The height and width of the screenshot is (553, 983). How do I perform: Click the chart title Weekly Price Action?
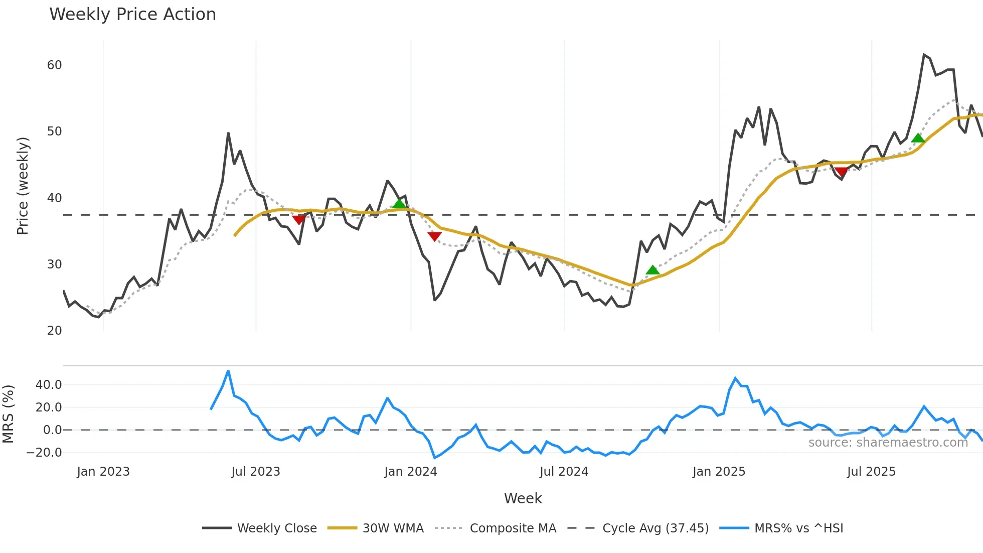[132, 15]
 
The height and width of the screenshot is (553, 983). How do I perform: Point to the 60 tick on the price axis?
[55, 65]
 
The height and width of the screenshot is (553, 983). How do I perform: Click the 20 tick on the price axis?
[55, 331]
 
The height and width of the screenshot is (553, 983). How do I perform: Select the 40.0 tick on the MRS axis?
[49, 385]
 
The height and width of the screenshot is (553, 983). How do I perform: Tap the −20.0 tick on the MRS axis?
[44, 453]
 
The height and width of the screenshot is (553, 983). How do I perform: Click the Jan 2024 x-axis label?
[411, 472]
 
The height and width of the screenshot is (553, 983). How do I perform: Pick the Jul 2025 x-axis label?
[871, 472]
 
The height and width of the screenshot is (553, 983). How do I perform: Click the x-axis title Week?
[523, 498]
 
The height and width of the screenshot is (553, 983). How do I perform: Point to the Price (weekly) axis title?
[23, 186]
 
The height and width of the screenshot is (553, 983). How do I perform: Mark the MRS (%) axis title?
[8, 414]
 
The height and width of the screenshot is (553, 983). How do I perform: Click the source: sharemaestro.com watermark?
[888, 443]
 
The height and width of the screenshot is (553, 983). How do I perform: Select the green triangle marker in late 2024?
[652, 270]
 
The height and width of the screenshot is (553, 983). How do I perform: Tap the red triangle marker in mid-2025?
[841, 172]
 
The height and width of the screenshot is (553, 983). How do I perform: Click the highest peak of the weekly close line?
[924, 55]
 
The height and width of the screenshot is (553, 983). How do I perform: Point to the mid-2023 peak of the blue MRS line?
[228, 371]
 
